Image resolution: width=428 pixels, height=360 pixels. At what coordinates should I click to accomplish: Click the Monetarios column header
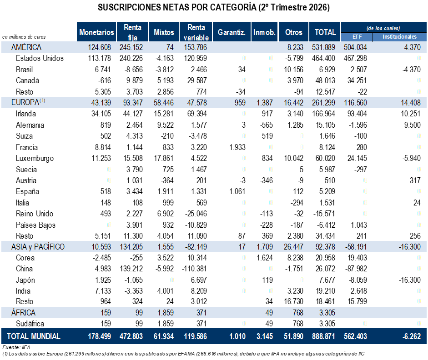pos(96,32)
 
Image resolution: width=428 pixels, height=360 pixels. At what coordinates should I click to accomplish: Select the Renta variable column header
pos(196,32)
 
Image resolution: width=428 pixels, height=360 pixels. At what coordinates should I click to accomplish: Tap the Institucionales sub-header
pos(399,37)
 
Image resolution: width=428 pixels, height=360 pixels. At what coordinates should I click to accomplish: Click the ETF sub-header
pos(357,37)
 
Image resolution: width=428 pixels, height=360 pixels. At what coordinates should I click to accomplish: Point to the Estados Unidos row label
pos(40,58)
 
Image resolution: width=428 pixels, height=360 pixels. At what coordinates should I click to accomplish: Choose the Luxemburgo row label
pos(35,159)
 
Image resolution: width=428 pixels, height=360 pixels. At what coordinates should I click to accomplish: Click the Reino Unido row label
pos(35,214)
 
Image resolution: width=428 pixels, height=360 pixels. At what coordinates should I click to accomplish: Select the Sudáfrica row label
pos(30,324)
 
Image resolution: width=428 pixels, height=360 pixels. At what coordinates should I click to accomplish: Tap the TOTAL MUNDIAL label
pos(33,336)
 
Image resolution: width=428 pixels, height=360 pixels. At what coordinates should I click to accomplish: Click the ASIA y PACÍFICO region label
pos(38,247)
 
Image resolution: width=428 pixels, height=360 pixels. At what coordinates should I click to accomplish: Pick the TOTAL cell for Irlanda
pos(323,114)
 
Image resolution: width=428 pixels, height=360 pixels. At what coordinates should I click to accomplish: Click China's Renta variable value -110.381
pos(194,269)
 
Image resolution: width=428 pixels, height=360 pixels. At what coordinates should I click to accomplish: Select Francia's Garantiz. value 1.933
pos(237,147)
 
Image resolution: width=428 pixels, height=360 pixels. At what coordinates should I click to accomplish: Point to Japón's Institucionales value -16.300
pos(409,280)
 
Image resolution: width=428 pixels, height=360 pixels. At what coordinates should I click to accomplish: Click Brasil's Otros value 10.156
pos(293,70)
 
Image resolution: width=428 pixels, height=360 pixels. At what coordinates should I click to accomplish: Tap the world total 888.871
pos(323,336)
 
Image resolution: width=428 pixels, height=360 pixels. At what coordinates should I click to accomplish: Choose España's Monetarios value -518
pos(105,191)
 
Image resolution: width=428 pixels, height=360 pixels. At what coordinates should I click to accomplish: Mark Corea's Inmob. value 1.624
pos(265,258)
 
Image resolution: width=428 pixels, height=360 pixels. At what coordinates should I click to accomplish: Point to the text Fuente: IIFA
pos(16,347)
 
